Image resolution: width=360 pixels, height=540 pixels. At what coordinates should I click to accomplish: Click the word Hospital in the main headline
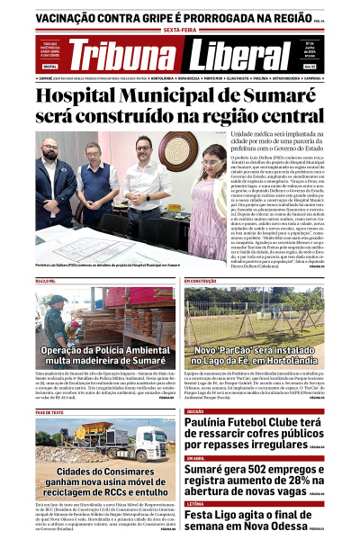tap(85, 94)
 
